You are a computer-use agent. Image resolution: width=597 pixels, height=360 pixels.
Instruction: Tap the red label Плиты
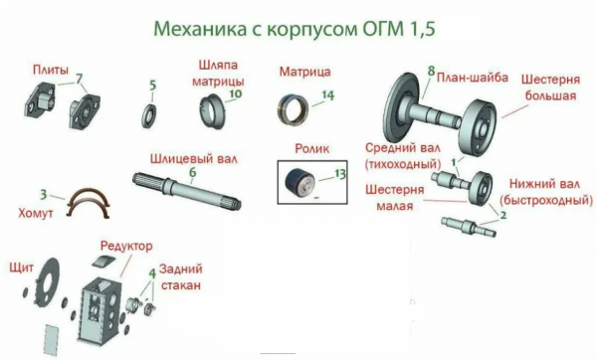(x=50, y=72)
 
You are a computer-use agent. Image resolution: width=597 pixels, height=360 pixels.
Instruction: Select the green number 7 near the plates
(x=80, y=77)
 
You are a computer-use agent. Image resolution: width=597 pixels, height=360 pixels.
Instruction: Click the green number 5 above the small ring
(x=152, y=86)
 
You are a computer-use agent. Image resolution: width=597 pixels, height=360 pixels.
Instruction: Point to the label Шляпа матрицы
(x=213, y=73)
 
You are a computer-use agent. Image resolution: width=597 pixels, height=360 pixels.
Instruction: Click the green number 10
(x=235, y=95)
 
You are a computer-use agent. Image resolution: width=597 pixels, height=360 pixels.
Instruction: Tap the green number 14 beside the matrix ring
(x=327, y=96)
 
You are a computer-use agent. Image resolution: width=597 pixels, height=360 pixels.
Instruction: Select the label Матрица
(x=304, y=73)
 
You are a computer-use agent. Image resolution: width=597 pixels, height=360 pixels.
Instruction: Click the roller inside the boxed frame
(x=301, y=186)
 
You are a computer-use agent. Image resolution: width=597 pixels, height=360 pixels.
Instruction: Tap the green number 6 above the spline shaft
(x=193, y=172)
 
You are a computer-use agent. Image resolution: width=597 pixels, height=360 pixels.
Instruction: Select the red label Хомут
(x=36, y=211)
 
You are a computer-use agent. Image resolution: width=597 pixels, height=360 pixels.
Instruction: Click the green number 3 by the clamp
(x=43, y=193)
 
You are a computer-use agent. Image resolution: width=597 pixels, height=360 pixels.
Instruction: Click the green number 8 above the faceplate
(x=430, y=71)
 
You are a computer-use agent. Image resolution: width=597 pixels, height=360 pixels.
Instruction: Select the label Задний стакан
(x=178, y=277)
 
